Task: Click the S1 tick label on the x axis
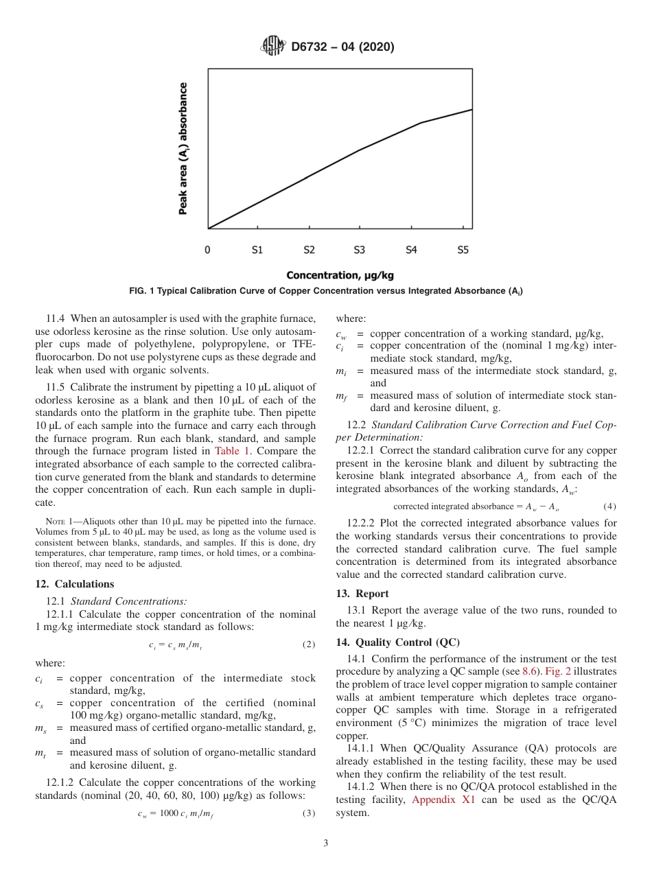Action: pyautogui.click(x=257, y=251)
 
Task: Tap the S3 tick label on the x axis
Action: pyautogui.click(x=359, y=251)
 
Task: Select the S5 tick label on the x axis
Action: pyautogui.click(x=463, y=251)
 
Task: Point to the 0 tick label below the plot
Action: pyautogui.click(x=208, y=251)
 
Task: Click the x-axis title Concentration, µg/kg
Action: pyautogui.click(x=340, y=276)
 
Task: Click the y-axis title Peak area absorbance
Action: pyautogui.click(x=183, y=149)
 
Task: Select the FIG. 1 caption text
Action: pyautogui.click(x=326, y=292)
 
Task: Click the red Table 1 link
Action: pyautogui.click(x=233, y=451)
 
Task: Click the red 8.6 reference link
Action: pyautogui.click(x=530, y=671)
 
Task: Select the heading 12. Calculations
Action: pyautogui.click(x=75, y=584)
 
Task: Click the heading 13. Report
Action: pyautogui.click(x=362, y=594)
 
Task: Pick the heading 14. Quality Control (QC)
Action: pyautogui.click(x=397, y=642)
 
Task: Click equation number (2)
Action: pyautogui.click(x=309, y=645)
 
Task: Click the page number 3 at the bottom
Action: pyautogui.click(x=326, y=843)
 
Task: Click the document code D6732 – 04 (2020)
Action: pyautogui.click(x=342, y=47)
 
